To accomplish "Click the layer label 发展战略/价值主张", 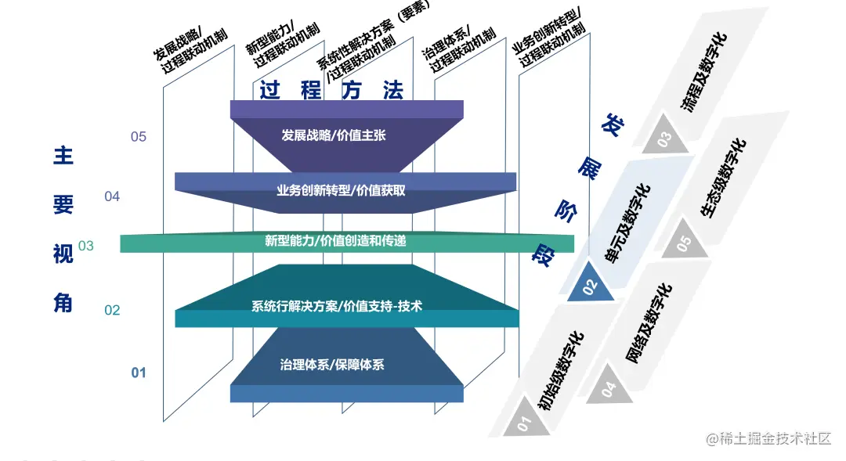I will [x=334, y=135].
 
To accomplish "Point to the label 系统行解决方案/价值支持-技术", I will [x=337, y=306].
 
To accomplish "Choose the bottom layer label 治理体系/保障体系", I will [x=332, y=365].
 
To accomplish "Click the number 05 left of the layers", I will [x=139, y=137].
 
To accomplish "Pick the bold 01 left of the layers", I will [x=139, y=373].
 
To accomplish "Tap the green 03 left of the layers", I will [x=86, y=246].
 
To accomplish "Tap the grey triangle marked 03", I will [x=665, y=139].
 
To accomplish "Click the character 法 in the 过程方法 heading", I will [x=393, y=90].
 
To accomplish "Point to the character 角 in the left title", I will [x=63, y=302].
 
